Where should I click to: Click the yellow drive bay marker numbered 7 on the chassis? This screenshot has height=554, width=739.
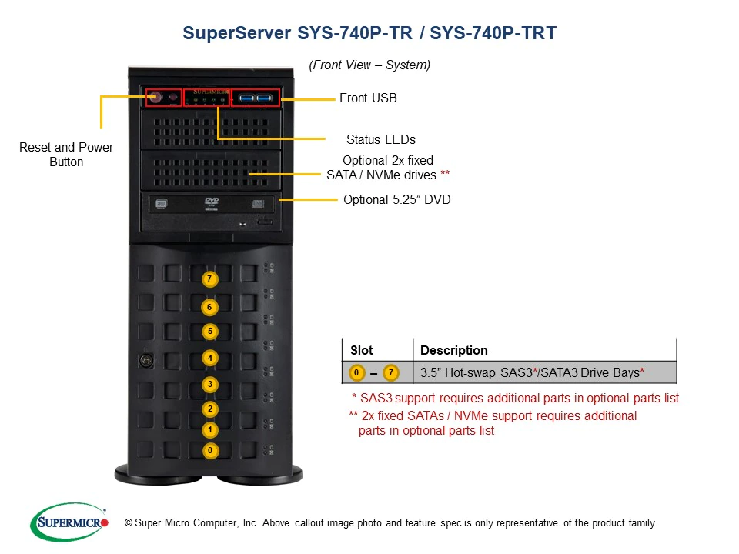(209, 279)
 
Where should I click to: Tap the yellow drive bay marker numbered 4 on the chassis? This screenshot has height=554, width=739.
(209, 358)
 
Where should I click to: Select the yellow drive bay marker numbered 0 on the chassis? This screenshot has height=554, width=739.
(209, 449)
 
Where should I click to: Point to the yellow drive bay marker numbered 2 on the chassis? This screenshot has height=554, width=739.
(209, 409)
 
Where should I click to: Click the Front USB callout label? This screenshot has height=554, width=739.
(368, 98)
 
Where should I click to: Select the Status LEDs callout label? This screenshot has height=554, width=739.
(380, 139)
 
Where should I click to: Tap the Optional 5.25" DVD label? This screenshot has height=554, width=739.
(396, 199)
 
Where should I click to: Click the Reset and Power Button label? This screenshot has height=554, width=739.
(66, 155)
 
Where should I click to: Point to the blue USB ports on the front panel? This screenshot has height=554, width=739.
(256, 98)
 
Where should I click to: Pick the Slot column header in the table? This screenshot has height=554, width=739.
(361, 350)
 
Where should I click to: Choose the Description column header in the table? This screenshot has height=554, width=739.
(453, 350)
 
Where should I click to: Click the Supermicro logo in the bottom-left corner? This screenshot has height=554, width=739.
(69, 522)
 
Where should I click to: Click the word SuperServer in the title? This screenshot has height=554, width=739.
(236, 33)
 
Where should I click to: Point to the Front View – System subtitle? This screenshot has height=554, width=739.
(369, 65)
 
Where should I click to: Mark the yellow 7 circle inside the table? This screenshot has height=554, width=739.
(391, 373)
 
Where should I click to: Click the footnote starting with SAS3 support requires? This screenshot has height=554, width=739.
(514, 399)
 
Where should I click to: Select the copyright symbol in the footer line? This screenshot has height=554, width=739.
(129, 523)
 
